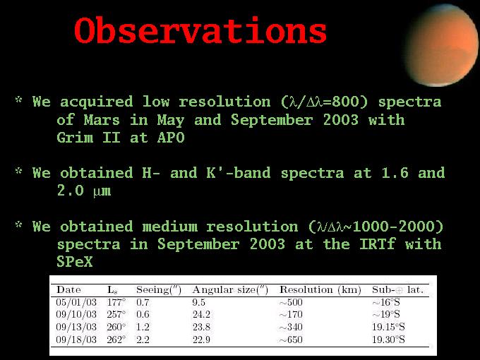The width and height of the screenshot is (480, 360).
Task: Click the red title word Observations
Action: click(200, 30)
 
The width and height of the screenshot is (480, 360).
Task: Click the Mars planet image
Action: click(442, 45)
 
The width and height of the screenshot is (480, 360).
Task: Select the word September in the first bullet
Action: click(272, 120)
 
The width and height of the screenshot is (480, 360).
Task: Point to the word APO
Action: click(171, 138)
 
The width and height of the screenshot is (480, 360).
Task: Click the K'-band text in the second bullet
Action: click(239, 173)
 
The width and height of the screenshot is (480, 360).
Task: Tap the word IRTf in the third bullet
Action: click(378, 244)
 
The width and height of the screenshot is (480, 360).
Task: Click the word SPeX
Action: click(75, 261)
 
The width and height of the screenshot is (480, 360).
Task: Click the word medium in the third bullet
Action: click(170, 227)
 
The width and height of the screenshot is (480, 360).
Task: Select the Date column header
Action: click(68, 289)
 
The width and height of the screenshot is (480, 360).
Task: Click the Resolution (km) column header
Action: click(320, 289)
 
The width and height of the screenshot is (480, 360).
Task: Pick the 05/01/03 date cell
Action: click(76, 302)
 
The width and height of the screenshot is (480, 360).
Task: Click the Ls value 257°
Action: click(116, 314)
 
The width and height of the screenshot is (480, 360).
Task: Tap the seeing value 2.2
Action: click(143, 340)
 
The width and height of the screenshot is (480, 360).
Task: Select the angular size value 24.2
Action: click(201, 314)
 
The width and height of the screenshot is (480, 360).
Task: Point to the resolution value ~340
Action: click(291, 327)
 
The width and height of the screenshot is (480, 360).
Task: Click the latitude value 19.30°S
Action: click(388, 340)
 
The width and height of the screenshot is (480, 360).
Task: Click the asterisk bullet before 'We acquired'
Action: click(19, 100)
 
